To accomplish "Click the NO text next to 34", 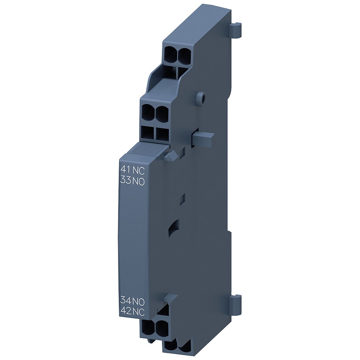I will pyautogui.click(x=139, y=300).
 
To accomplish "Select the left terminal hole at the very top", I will pyautogui.click(x=171, y=54).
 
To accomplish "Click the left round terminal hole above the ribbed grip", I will pyautogui.click(x=148, y=112).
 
